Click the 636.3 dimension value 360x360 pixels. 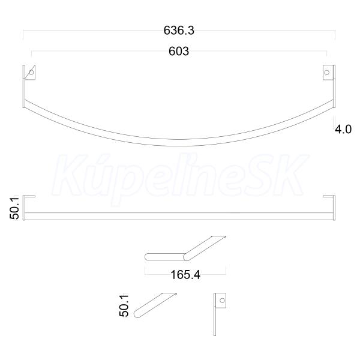(x=179, y=31)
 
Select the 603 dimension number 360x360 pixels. (x=179, y=51)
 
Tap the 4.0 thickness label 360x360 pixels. (x=343, y=129)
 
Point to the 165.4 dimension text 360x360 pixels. (x=185, y=275)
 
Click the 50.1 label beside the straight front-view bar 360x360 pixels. (x=14, y=208)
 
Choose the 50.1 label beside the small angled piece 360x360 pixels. (x=124, y=306)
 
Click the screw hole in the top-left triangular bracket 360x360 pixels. (x=31, y=73)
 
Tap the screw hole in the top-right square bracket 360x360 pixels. (x=326, y=73)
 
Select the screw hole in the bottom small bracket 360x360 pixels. (x=222, y=301)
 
